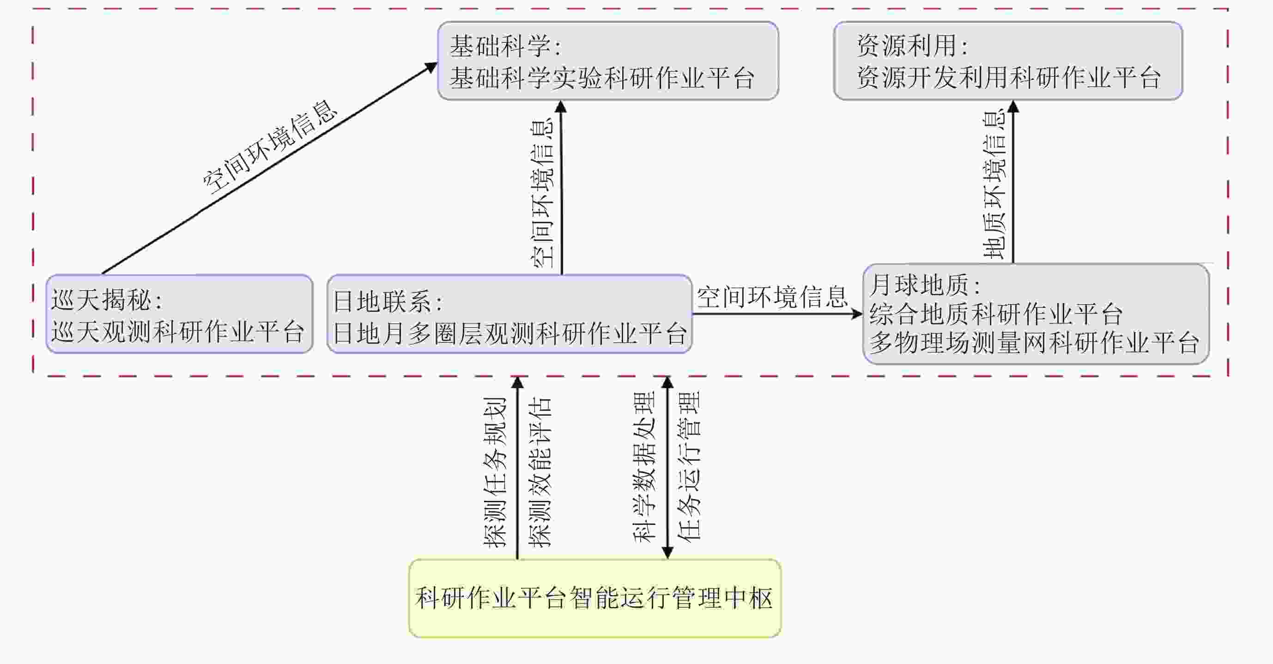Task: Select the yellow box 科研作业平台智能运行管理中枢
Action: [x=594, y=598]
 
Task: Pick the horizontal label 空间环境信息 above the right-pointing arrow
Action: [x=772, y=297]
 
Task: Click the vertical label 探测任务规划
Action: [x=495, y=472]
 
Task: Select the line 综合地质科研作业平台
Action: [x=996, y=313]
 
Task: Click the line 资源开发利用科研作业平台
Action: [x=1008, y=78]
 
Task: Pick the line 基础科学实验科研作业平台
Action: [x=602, y=78]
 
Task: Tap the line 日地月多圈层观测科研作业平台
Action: [x=509, y=333]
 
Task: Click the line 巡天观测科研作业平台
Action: [x=178, y=331]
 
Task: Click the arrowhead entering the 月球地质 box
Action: [x=857, y=313]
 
